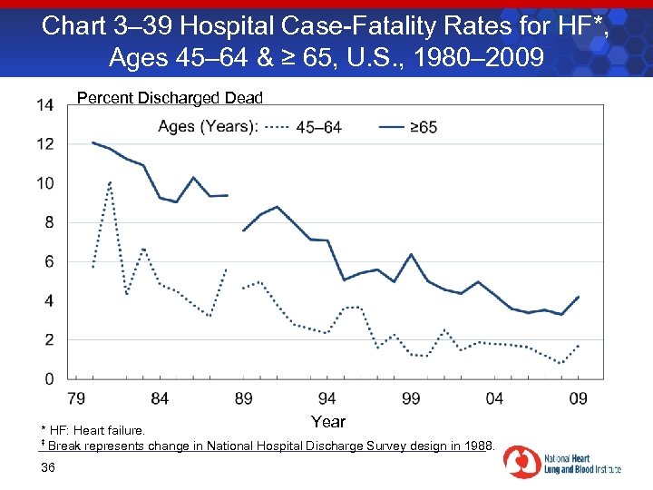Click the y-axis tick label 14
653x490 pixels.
pos(44,105)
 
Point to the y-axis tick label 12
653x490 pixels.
pos(44,144)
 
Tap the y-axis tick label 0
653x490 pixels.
pos(49,378)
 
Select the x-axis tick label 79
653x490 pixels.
pos(76,398)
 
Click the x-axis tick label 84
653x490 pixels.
pos(160,398)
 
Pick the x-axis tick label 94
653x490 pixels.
pos(327,398)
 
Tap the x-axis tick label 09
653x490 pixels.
pos(578,398)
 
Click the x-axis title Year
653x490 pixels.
pos(327,421)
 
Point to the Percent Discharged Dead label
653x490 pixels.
pos(170,97)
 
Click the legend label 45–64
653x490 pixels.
pos(319,127)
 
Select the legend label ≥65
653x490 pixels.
pos(423,127)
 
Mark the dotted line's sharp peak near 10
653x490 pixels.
pos(110,181)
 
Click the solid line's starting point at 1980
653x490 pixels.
pos(93,142)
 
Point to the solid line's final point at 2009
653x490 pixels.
pos(578,297)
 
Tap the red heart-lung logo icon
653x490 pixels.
pos(521,461)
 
